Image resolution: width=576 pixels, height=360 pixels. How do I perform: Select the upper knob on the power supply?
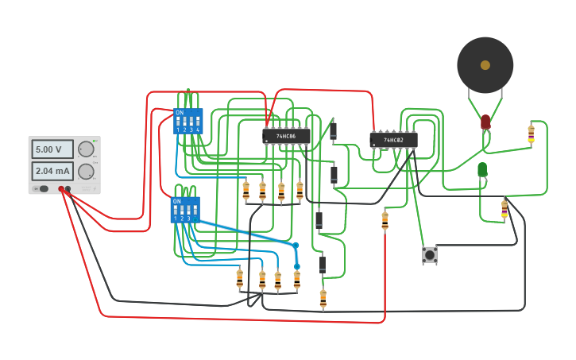tap(86, 149)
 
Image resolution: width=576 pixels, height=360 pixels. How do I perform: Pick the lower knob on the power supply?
tap(86, 171)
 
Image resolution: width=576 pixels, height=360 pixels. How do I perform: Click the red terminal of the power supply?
tap(61, 189)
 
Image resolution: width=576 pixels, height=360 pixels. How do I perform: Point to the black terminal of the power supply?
tap(68, 189)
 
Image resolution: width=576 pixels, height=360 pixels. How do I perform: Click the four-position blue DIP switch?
tap(188, 122)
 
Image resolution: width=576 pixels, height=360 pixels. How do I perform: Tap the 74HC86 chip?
tap(286, 137)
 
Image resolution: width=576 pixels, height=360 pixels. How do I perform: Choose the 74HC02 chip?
tap(393, 141)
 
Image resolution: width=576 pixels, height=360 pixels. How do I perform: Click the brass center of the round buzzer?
tap(485, 65)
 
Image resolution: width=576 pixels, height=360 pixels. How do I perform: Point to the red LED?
tap(485, 122)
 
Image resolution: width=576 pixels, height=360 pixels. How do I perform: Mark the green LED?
tap(482, 169)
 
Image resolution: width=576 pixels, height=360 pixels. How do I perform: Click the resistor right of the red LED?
tap(531, 134)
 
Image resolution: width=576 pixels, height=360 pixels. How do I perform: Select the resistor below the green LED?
tap(504, 209)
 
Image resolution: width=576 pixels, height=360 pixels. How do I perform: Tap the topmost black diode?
tap(333, 131)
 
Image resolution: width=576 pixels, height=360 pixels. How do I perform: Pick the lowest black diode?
tap(323, 265)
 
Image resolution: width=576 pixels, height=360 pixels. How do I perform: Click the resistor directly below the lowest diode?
tap(323, 299)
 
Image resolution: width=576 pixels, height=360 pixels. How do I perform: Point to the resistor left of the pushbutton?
tap(385, 221)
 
